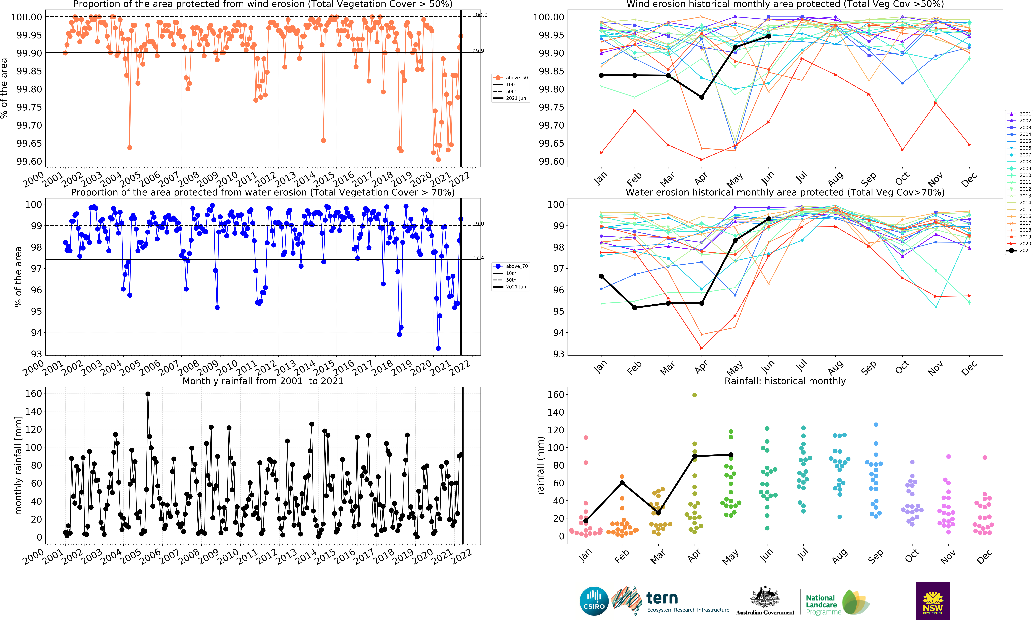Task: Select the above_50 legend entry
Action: coord(512,78)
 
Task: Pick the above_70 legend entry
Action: coord(512,266)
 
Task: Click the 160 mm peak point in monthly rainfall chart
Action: coord(148,394)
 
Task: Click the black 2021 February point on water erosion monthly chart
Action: coord(635,307)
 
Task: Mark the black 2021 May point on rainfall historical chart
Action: coord(731,455)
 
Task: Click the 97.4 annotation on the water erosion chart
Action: coord(478,258)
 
